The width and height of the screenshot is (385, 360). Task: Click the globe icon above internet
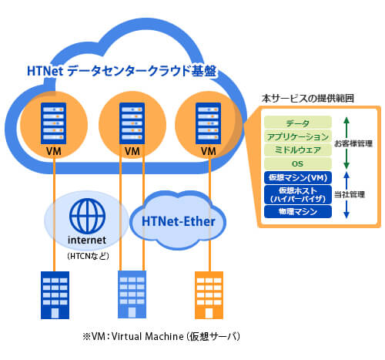pyautogui.click(x=86, y=216)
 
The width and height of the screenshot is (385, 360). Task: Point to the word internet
pyautogui.click(x=87, y=240)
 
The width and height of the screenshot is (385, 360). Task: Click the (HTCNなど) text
pyautogui.click(x=87, y=254)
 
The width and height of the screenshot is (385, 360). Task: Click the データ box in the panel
pyautogui.click(x=297, y=123)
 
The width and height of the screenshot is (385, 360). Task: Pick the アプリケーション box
pyautogui.click(x=297, y=136)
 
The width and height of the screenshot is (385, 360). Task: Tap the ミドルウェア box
pyautogui.click(x=297, y=150)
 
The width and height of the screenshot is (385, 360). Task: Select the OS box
pyautogui.click(x=297, y=163)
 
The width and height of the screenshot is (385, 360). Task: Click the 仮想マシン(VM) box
pyautogui.click(x=297, y=177)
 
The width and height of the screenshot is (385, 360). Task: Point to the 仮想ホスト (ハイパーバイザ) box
pyautogui.click(x=297, y=193)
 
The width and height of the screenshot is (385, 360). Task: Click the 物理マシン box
pyautogui.click(x=297, y=210)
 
